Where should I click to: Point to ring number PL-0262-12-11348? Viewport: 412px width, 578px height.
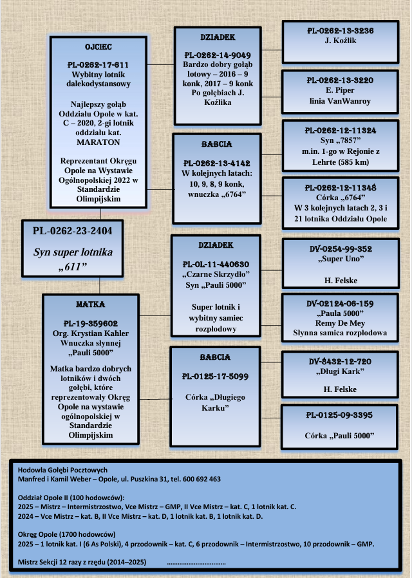341,187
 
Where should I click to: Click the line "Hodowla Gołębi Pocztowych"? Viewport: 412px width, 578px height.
62,469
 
